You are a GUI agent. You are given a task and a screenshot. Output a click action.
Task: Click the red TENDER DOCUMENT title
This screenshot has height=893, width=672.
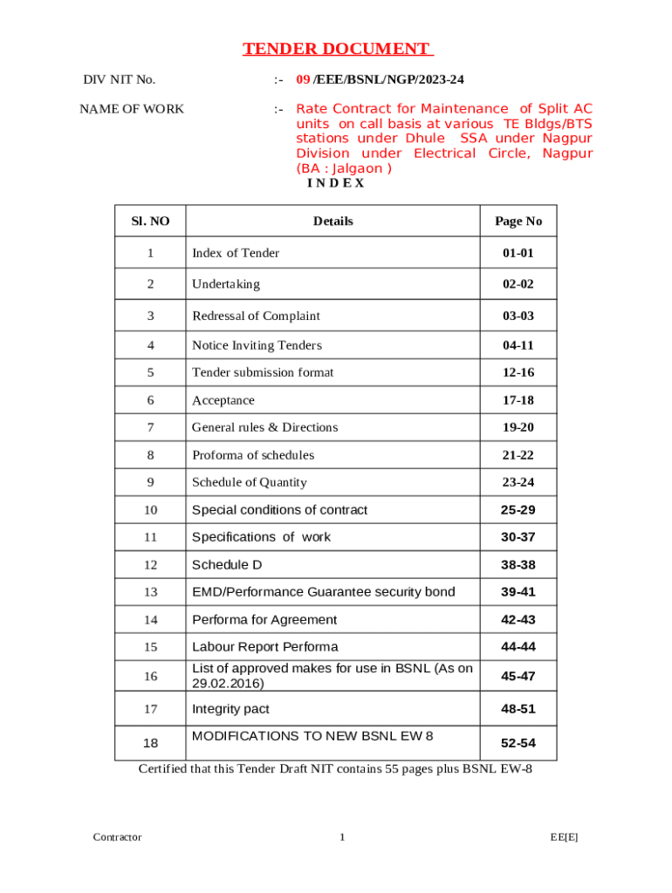[337, 49]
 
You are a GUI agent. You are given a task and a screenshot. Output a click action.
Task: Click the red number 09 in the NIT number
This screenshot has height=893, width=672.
[303, 79]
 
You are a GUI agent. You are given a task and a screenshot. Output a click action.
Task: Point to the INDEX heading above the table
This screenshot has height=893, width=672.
[335, 183]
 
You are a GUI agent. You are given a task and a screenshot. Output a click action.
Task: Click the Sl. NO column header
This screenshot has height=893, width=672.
[150, 221]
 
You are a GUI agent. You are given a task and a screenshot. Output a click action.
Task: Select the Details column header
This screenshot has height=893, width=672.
[333, 221]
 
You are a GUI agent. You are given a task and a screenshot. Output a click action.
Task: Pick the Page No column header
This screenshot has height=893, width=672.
[518, 221]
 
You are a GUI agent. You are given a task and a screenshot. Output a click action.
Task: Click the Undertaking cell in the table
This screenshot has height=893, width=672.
[226, 283]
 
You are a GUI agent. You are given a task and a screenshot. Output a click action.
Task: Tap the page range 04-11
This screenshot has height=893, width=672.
[518, 345]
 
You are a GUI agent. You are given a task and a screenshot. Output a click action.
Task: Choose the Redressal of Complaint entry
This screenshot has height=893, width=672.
[256, 316]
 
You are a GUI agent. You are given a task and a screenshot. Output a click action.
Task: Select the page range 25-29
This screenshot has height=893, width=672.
[518, 509]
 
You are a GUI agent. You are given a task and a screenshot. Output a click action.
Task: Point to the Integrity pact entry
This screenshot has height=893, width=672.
[230, 709]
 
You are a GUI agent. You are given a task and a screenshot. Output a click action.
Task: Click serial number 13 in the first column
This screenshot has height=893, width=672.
[150, 592]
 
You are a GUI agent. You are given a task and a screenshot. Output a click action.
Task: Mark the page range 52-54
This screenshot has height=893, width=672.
[518, 743]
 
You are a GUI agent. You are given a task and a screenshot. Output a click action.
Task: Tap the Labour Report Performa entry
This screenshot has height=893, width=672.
[264, 646]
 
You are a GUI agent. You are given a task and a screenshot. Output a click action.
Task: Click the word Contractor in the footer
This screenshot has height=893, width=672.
[117, 837]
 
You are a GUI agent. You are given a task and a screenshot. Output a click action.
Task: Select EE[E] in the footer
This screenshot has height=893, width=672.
[564, 837]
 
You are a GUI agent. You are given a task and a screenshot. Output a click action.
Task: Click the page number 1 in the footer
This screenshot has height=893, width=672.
[343, 837]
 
